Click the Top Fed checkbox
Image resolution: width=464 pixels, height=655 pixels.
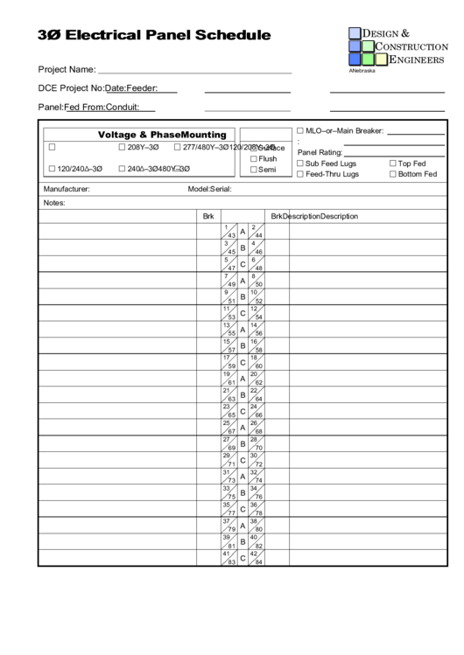click(393, 164)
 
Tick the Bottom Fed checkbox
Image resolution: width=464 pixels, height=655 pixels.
click(393, 174)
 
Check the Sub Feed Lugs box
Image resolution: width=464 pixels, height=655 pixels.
click(300, 164)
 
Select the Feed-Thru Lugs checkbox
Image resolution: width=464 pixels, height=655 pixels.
click(300, 174)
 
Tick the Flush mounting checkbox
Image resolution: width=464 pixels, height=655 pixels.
click(254, 159)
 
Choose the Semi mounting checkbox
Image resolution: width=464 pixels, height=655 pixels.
click(254, 170)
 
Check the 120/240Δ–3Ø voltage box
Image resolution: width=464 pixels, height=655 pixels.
click(52, 169)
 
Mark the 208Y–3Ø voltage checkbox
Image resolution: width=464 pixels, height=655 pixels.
click(122, 147)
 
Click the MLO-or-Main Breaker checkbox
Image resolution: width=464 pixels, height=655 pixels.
click(300, 130)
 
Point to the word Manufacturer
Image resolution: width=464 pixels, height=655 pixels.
click(67, 189)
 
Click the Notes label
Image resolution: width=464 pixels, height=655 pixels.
click(54, 203)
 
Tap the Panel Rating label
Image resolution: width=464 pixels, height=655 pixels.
click(320, 152)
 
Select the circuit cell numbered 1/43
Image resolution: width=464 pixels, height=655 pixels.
click(229, 232)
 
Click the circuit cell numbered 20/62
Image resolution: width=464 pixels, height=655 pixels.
click(257, 378)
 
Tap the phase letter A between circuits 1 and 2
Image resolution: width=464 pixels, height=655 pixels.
click(243, 232)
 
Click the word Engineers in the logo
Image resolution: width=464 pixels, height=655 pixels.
click(416, 59)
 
